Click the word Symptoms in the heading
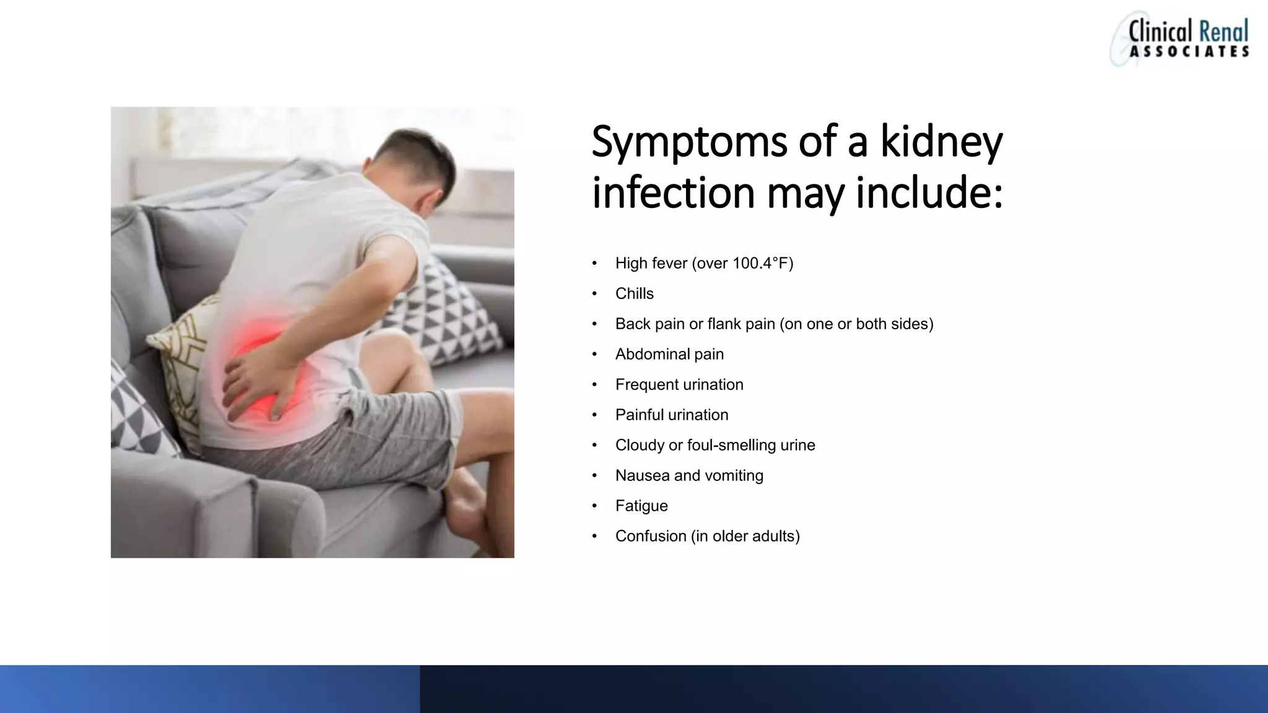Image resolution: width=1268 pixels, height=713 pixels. pyautogui.click(x=688, y=142)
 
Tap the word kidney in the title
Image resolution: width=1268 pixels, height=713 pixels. pyautogui.click(x=941, y=142)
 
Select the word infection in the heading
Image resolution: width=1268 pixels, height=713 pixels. pyautogui.click(x=673, y=192)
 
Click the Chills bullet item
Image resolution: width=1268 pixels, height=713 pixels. pyautogui.click(x=634, y=294)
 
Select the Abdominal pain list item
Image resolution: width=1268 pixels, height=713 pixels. pyautogui.click(x=669, y=355)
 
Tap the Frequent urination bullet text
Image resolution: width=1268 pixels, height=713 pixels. pyautogui.click(x=679, y=385)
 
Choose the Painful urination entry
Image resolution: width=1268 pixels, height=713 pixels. pyautogui.click(x=672, y=415)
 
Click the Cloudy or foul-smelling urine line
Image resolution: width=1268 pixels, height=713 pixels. pyautogui.click(x=715, y=446)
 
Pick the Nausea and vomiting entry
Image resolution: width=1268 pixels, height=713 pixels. pyautogui.click(x=689, y=476)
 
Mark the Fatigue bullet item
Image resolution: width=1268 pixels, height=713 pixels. pyautogui.click(x=641, y=506)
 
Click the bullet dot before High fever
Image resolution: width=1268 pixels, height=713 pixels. pyautogui.click(x=594, y=264)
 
